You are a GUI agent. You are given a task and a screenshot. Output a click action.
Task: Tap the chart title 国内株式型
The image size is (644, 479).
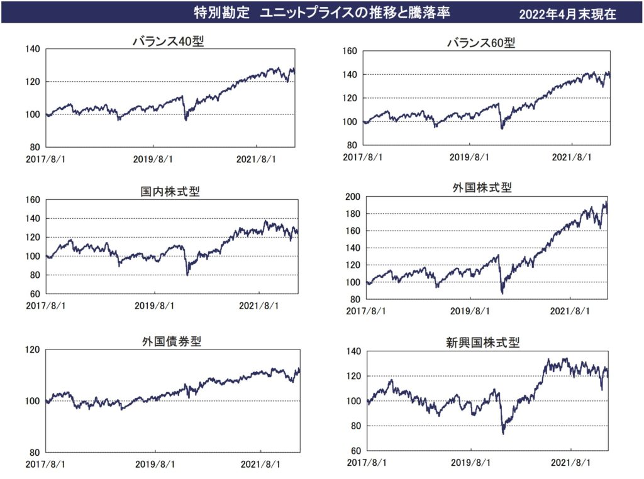(170, 191)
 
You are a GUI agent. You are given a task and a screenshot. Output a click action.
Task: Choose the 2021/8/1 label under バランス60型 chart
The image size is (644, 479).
(572, 157)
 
